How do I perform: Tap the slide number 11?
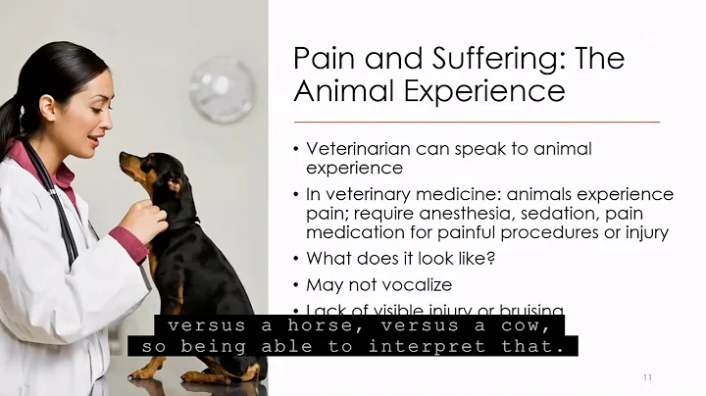point(648,377)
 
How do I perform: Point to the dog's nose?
point(123,157)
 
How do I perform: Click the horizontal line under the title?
point(477,121)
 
